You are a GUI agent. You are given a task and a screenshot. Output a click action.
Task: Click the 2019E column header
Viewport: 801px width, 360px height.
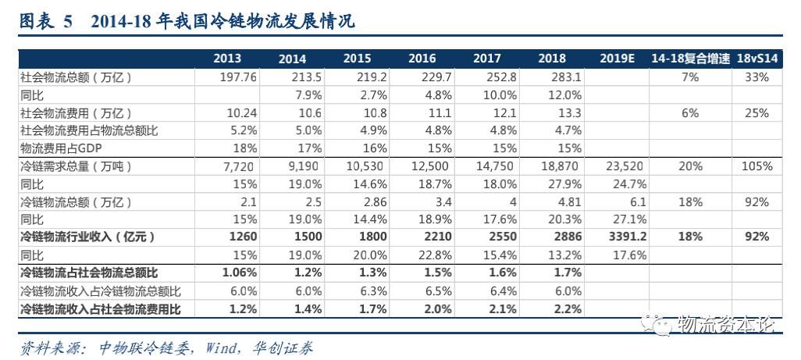(x=617, y=59)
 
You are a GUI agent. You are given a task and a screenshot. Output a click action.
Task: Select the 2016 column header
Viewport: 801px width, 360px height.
(x=422, y=59)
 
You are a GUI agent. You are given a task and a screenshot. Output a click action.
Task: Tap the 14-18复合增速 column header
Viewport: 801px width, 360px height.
(x=691, y=59)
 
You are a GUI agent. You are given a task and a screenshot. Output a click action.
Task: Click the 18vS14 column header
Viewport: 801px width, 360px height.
(x=756, y=59)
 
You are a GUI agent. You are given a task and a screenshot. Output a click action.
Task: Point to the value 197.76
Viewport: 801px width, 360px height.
(x=237, y=77)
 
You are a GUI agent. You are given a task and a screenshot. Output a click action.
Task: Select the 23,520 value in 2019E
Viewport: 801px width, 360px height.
(x=626, y=166)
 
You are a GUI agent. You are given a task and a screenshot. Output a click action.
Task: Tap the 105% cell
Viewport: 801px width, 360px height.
(x=757, y=166)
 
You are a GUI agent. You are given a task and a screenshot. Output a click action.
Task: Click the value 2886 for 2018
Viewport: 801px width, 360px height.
(x=568, y=237)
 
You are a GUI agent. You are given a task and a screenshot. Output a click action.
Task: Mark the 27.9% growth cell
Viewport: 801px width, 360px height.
(x=566, y=184)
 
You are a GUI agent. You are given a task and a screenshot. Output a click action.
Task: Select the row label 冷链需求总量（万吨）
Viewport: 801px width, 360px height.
(x=76, y=166)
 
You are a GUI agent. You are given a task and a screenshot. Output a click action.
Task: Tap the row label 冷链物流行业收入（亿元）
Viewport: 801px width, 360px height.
(x=87, y=237)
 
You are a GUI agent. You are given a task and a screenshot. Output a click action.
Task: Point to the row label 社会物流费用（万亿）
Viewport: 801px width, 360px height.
(x=76, y=113)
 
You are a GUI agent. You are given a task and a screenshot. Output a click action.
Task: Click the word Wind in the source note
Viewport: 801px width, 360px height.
(x=220, y=348)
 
